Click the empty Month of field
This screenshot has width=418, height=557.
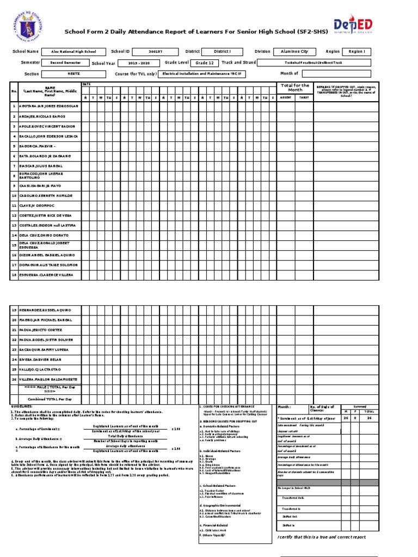tap(340, 73)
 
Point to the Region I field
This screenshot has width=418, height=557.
tap(356, 52)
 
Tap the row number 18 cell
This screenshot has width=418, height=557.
tap(14, 275)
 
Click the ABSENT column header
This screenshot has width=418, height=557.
tap(285, 97)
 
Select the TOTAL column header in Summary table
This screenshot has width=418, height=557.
tap(368, 412)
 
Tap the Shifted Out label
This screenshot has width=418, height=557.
tap(289, 516)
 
